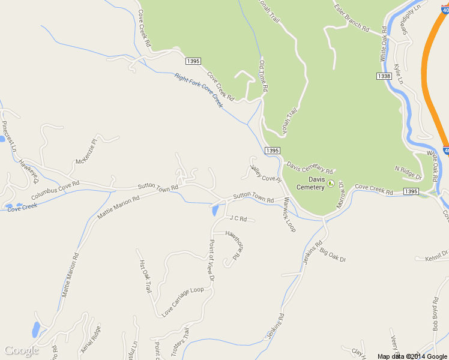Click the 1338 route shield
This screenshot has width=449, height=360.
[384, 76]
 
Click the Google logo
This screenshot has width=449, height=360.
[22, 350]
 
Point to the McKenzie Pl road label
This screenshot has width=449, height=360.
[86, 152]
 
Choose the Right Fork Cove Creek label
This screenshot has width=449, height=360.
[199, 90]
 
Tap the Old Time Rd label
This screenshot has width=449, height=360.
[263, 75]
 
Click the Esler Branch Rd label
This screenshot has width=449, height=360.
[352, 17]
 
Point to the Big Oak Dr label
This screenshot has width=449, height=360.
[333, 254]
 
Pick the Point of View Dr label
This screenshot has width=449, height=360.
[211, 260]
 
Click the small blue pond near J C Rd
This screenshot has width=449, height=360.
[215, 211]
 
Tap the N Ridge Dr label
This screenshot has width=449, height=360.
[409, 173]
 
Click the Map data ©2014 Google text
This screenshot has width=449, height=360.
[412, 356]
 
